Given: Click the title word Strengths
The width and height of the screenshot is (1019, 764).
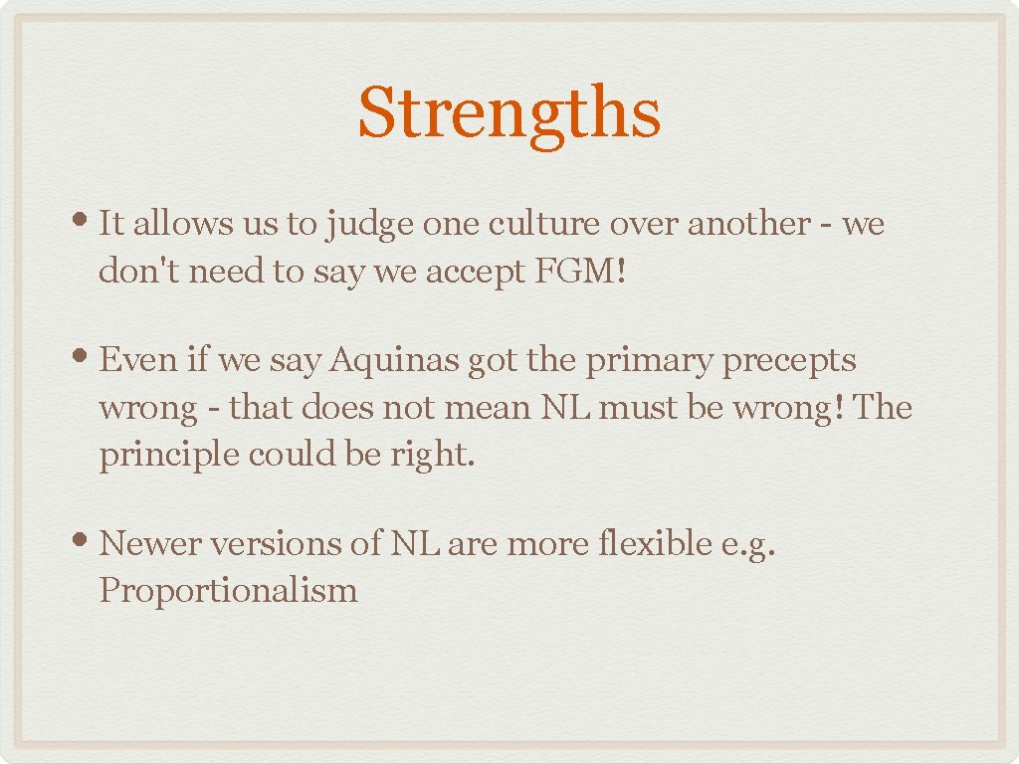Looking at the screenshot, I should click(x=509, y=113).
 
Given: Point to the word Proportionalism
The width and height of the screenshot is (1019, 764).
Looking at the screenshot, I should click(x=228, y=591).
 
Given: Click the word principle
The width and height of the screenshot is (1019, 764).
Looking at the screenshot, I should click(x=168, y=456).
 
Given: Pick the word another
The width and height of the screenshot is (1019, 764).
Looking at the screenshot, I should click(x=747, y=224).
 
